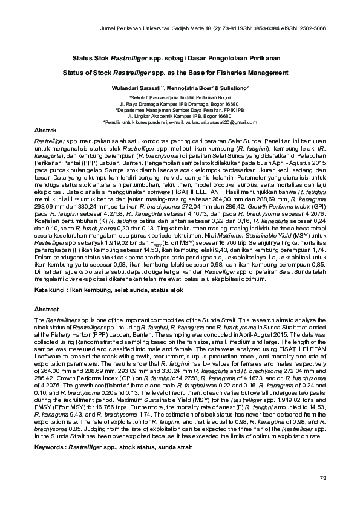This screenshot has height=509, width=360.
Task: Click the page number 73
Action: click(322, 478)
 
